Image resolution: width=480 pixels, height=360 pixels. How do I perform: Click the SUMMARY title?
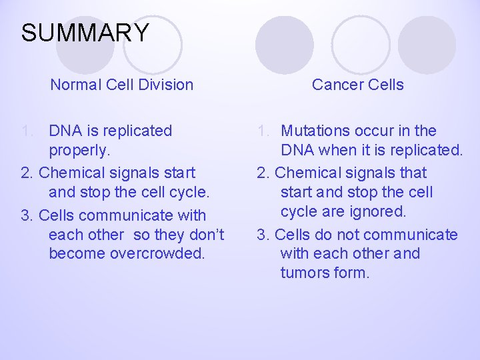tap(85, 33)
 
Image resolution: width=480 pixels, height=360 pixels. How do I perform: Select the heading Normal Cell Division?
tap(122, 85)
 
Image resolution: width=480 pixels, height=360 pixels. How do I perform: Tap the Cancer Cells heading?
tap(357, 85)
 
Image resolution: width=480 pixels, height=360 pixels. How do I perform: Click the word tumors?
tap(304, 273)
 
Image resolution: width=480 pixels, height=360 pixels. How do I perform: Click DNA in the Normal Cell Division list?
tap(64, 131)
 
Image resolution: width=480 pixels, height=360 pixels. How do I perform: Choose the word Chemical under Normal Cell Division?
tap(72, 173)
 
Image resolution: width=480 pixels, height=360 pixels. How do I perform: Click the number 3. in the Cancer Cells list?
tap(264, 235)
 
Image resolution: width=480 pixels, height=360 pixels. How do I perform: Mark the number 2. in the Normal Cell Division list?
tap(28, 173)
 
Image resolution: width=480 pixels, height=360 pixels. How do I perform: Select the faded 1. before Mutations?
tap(264, 131)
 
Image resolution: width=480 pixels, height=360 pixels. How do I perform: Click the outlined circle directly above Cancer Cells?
tap(361, 44)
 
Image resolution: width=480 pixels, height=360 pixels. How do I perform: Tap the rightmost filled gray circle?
tap(427, 44)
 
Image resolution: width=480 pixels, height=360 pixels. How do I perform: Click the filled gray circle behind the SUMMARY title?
tap(84, 44)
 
